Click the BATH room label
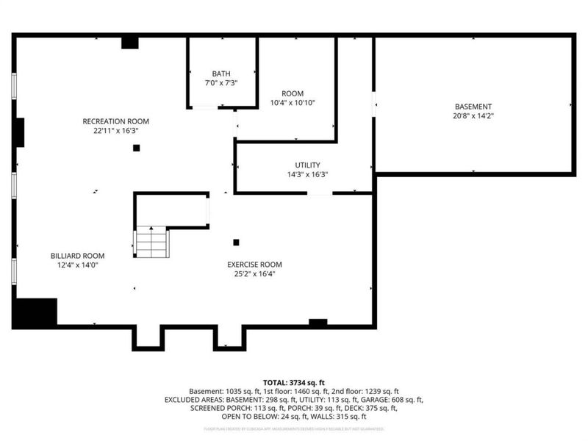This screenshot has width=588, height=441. point(221,73)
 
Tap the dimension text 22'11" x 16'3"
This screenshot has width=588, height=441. point(115,130)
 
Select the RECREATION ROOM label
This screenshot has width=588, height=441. point(115,121)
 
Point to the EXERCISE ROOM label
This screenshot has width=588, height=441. point(254,265)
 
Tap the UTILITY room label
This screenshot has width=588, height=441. point(307,165)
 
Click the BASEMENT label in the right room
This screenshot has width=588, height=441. point(473,107)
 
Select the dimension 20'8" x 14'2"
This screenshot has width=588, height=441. point(473,115)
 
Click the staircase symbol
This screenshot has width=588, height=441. point(153,243)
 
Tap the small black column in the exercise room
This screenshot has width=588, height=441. point(236,242)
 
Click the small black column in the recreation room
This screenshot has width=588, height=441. point(136,148)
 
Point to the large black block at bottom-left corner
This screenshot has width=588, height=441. point(35,312)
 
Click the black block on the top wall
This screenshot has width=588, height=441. point(130,43)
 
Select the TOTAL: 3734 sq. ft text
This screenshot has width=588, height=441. point(293,382)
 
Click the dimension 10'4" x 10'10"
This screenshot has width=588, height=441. point(293,103)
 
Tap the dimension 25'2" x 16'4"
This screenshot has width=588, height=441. point(254,273)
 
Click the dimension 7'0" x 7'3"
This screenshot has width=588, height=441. point(221,82)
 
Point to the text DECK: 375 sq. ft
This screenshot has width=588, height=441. point(365,408)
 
